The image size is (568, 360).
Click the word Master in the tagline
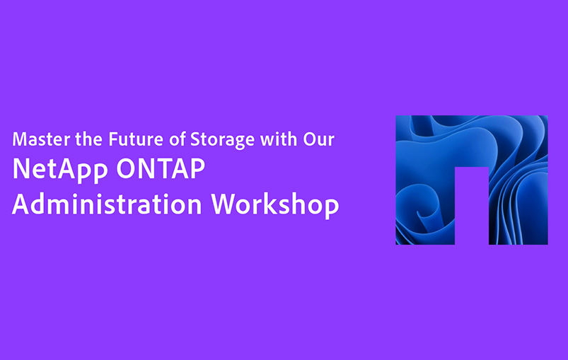coord(41,139)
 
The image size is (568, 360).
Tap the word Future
coord(136,139)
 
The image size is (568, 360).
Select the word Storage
coord(222,141)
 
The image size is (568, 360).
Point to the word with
coord(279,139)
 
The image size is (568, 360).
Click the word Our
coord(319,139)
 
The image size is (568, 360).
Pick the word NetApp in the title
coord(60,170)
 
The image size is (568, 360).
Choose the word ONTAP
coord(161,168)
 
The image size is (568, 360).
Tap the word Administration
coord(107,204)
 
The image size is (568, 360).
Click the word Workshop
coord(275,205)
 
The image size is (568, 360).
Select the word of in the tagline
coord(178,139)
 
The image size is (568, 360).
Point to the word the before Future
coord(88,139)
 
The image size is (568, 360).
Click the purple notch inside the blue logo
coord(472,206)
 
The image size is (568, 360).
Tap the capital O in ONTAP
coord(126,169)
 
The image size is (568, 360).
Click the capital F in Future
coord(113,139)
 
